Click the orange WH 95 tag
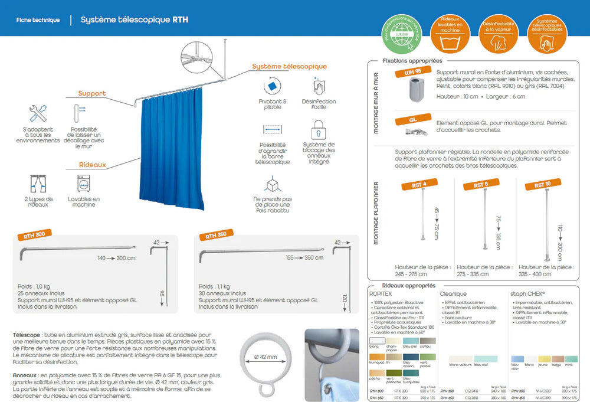click(x=413, y=71)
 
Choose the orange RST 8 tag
click(x=481, y=185)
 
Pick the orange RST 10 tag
click(x=542, y=185)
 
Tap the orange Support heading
click(x=92, y=93)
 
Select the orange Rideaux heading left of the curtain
click(x=92, y=165)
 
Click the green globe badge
click(x=404, y=35)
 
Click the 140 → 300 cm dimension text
click(x=116, y=258)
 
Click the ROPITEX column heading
click(x=381, y=293)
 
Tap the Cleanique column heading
click(x=453, y=293)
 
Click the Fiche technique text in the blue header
click(x=38, y=20)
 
